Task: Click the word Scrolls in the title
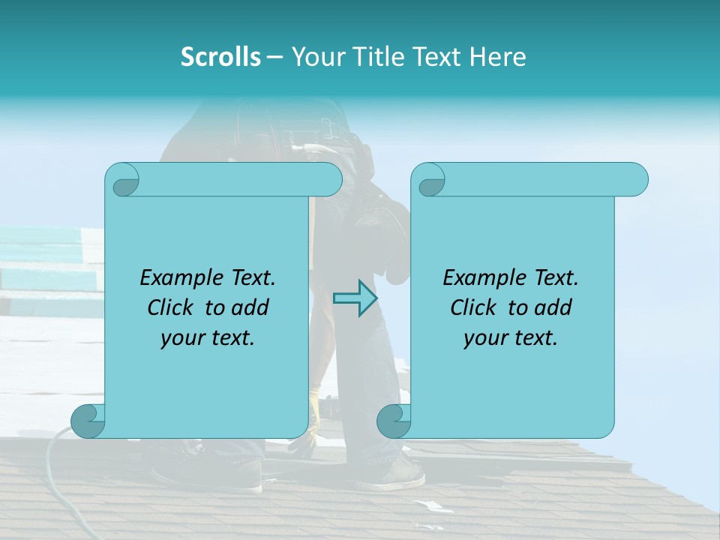click(x=220, y=57)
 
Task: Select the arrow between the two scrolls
click(x=355, y=298)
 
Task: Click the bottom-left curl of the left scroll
click(x=88, y=421)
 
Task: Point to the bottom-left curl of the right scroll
click(x=394, y=421)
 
